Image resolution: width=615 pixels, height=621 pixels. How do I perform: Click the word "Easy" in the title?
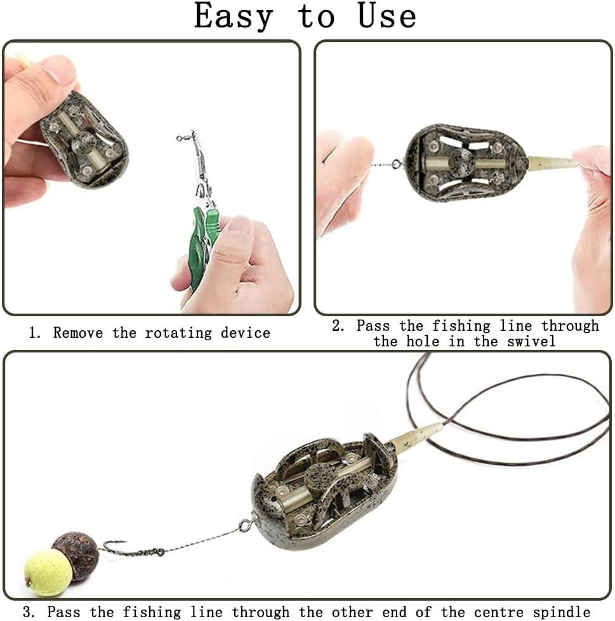(x=234, y=17)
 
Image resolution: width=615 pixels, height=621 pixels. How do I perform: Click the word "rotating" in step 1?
(x=178, y=333)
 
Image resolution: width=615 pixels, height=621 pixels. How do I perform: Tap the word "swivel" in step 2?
(x=531, y=342)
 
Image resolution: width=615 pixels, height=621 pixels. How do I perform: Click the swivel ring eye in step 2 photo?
(x=396, y=163)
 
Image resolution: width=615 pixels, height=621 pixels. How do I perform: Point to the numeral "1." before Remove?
(x=34, y=333)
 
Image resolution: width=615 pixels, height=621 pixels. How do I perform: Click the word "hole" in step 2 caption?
(x=423, y=342)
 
